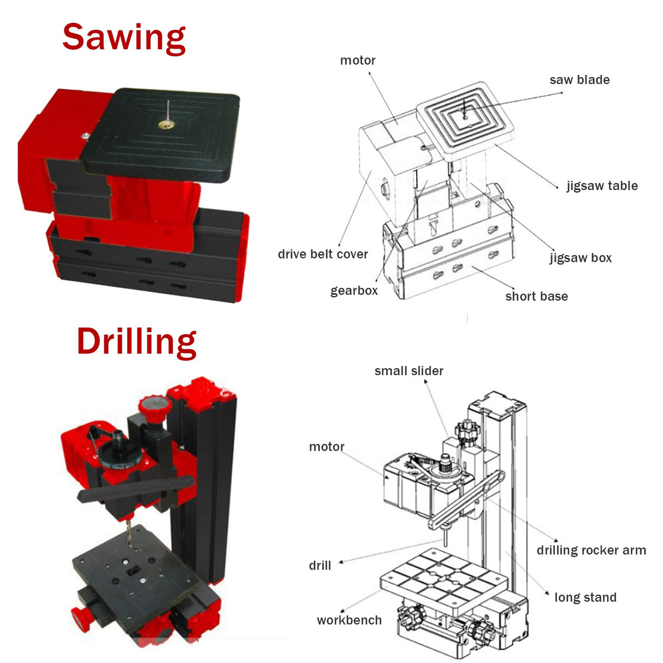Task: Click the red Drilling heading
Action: pyautogui.click(x=137, y=342)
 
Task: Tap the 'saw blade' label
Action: pyautogui.click(x=579, y=80)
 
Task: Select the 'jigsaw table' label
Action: pyautogui.click(x=602, y=186)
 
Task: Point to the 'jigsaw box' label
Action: pyautogui.click(x=581, y=258)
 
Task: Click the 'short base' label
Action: pyautogui.click(x=536, y=297)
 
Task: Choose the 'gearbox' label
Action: pyautogui.click(x=354, y=291)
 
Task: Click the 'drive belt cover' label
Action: pyautogui.click(x=323, y=254)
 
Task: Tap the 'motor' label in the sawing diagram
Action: pyautogui.click(x=358, y=61)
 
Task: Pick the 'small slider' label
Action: pyautogui.click(x=409, y=371)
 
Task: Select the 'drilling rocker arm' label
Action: pyautogui.click(x=591, y=550)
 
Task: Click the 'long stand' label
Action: pyautogui.click(x=585, y=597)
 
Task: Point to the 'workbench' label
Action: pyautogui.click(x=349, y=620)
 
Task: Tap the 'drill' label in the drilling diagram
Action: pyautogui.click(x=320, y=566)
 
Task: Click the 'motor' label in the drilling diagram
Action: pyautogui.click(x=327, y=447)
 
